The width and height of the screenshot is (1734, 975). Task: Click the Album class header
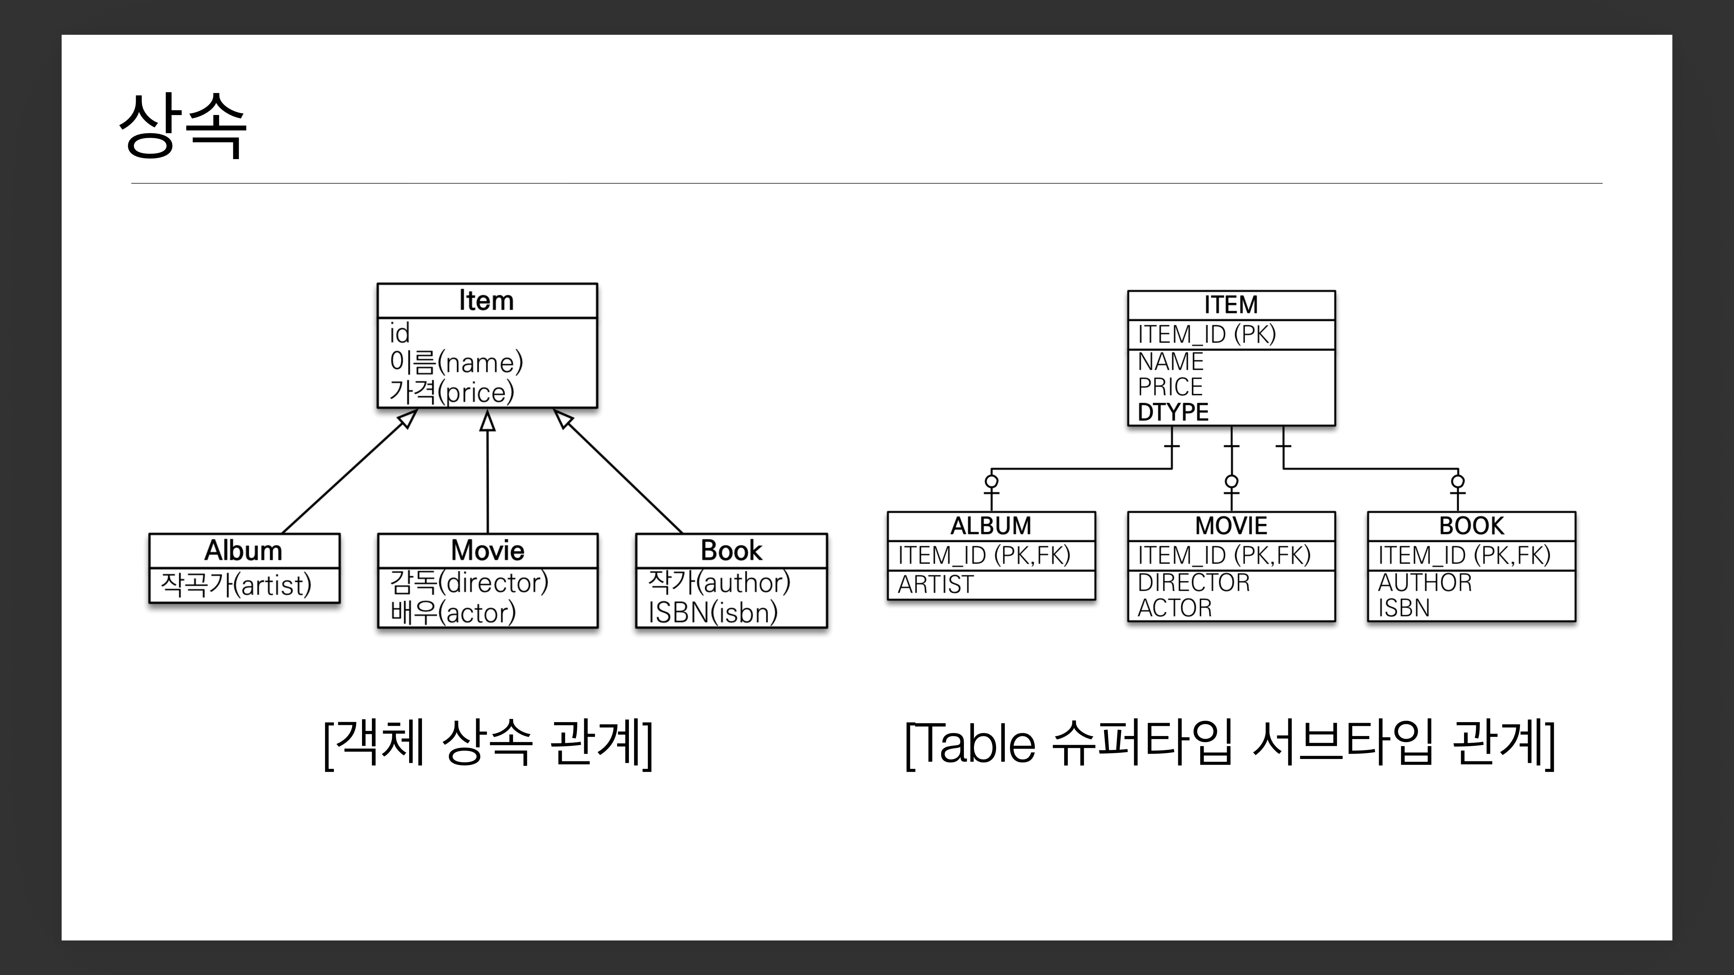tap(244, 550)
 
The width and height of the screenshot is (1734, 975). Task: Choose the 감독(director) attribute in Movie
tap(469, 582)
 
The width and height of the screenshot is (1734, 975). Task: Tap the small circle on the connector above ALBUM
tap(991, 481)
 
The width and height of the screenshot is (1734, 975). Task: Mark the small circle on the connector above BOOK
tap(1457, 481)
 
